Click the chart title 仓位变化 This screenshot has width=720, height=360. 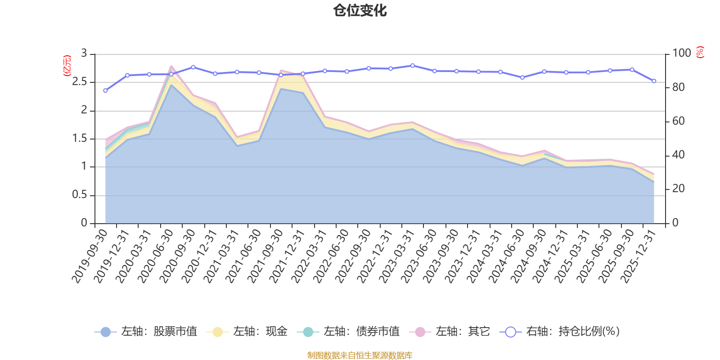[360, 11]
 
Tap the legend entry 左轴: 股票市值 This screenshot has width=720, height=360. [146, 331]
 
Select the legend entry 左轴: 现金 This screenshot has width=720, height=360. [247, 331]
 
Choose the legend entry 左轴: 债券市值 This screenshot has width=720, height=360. [348, 331]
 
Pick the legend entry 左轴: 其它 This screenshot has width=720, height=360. [450, 331]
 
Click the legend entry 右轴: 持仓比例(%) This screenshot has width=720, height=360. [560, 331]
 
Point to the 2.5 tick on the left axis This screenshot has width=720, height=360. [79, 81]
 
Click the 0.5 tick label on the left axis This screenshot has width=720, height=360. [79, 194]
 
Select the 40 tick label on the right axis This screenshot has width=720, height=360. [679, 155]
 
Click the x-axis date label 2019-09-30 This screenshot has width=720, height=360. [90, 256]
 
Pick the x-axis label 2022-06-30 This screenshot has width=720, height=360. [331, 256]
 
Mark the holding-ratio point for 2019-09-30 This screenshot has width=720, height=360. [105, 90]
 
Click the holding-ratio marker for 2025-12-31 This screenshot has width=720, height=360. [654, 81]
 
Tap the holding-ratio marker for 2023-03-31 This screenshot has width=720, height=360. [413, 66]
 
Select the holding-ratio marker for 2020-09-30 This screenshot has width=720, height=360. [193, 67]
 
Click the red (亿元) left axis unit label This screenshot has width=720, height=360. [67, 66]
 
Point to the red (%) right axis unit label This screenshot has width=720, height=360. [700, 52]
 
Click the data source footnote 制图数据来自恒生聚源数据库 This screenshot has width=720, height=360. [360, 355]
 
